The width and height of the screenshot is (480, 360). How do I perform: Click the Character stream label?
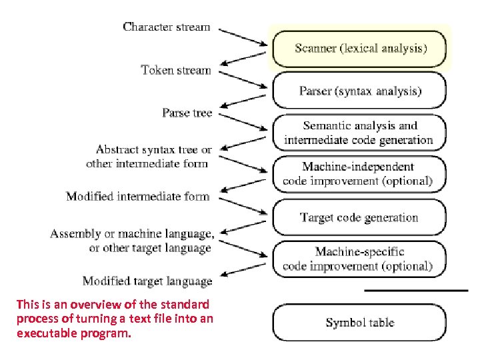click(167, 27)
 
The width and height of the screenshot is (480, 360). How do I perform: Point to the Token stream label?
click(176, 70)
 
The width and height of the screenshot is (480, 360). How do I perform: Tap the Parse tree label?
click(187, 113)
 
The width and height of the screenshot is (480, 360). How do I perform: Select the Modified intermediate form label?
click(138, 197)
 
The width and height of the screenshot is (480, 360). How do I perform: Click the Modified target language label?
click(147, 281)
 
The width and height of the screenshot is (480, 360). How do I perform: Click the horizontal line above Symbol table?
click(416, 290)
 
